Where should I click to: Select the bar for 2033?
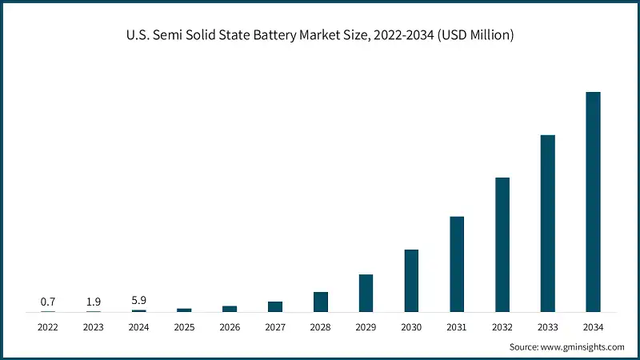pos(547,223)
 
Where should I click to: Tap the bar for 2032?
pos(502,244)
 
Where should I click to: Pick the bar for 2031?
pos(457,264)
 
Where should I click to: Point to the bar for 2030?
pos(411,280)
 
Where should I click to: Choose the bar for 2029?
pos(366,293)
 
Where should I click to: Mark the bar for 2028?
pos(321,302)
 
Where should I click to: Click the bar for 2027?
pos(275,306)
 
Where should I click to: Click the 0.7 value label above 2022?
pos(48,302)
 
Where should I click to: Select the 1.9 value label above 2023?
pos(94,302)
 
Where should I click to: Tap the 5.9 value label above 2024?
pos(139,300)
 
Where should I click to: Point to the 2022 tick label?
pos(48,326)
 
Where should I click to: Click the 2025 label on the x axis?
pos(184,326)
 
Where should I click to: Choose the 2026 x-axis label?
pos(230,326)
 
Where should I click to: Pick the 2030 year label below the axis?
pos(411,326)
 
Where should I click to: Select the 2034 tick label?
pos(593,326)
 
